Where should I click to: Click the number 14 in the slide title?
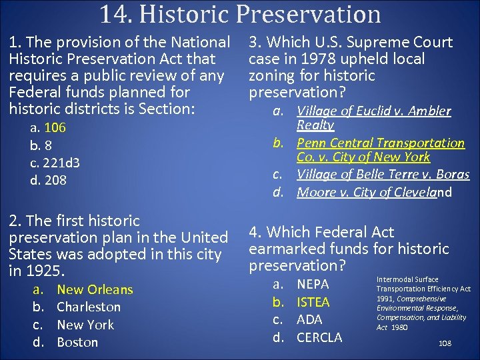coord(113,14)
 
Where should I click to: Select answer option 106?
coord(55,128)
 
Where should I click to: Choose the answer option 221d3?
coord(61,163)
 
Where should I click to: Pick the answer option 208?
coord(55,180)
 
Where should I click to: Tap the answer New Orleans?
coord(95,290)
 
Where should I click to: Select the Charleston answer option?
coord(89,307)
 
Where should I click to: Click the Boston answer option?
coord(77,343)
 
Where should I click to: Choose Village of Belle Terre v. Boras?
coord(383,175)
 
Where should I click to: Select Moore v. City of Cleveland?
coord(374,193)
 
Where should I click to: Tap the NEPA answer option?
coord(313,285)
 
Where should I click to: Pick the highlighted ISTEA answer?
coord(313,303)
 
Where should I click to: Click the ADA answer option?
coord(309,320)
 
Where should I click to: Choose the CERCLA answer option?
coord(319,337)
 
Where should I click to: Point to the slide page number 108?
coord(446,343)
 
